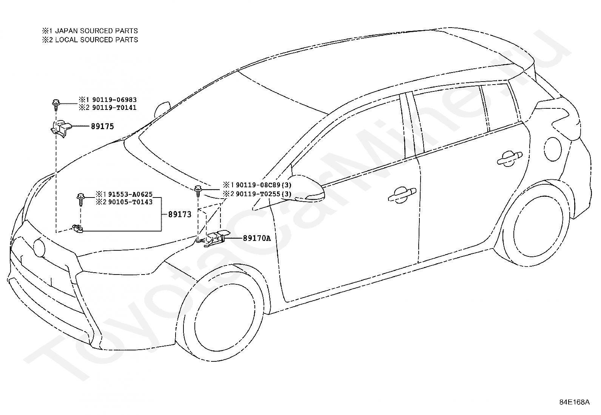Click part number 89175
102,127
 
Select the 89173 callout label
180,214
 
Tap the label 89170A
257,238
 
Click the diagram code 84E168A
574,402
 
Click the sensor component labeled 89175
60,127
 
